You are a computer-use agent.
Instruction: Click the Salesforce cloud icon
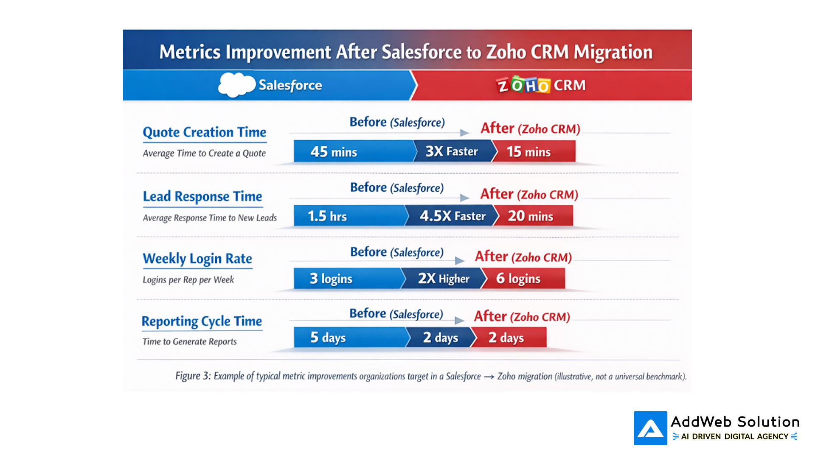pos(236,85)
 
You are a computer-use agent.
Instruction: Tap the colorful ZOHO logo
pos(523,85)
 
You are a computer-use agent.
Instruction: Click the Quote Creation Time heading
pos(204,132)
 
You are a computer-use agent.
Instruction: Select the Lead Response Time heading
pos(202,197)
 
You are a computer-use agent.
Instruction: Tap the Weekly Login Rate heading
pos(197,259)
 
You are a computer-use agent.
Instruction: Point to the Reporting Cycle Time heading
pos(202,321)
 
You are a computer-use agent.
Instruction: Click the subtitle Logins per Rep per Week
pos(188,280)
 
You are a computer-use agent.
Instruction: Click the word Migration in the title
pos(613,52)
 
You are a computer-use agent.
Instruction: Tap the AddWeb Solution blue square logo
pos(650,428)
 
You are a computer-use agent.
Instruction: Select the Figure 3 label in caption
pos(193,376)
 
